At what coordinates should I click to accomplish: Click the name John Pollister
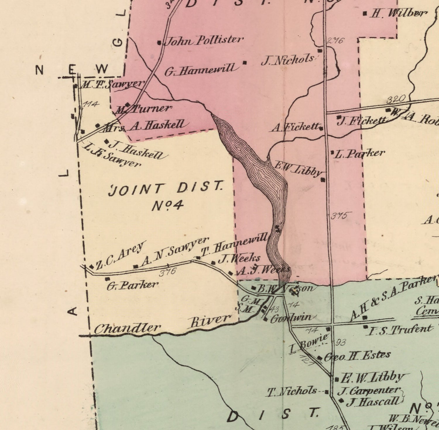tap(204, 40)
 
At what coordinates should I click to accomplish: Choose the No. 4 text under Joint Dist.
tap(167, 205)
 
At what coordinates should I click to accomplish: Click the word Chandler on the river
tap(127, 329)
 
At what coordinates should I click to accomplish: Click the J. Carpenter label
tap(369, 391)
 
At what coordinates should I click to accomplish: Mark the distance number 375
tap(339, 216)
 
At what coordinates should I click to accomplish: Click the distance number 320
tap(396, 99)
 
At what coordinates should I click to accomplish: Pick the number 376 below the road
tap(168, 272)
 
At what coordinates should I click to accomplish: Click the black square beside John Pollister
tap(160, 43)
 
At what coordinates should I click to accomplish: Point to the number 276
tap(335, 40)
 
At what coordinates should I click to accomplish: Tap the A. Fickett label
tap(296, 127)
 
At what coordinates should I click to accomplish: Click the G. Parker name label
tap(132, 285)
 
